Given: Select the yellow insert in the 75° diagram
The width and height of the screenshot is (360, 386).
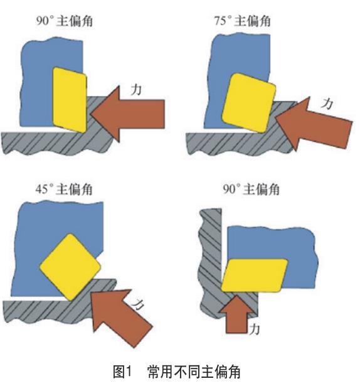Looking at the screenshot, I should coord(248,102).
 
